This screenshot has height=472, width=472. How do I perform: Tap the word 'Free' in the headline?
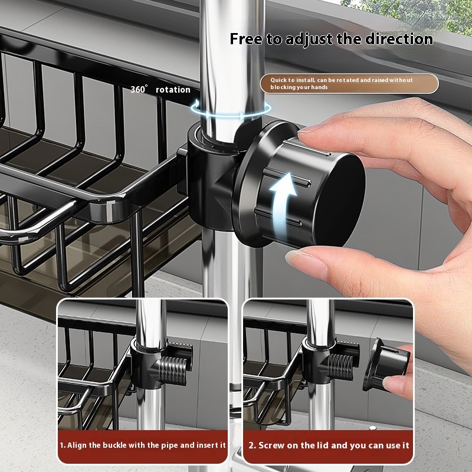244,40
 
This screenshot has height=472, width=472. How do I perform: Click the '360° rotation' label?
160,90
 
